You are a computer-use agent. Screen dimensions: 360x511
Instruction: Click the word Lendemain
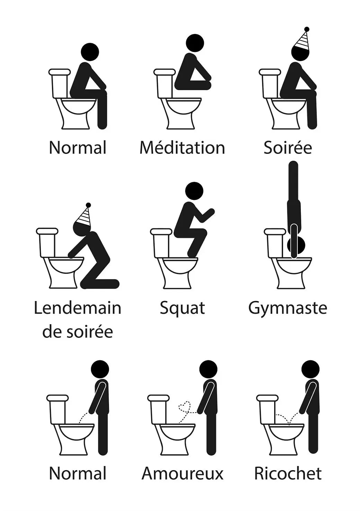(x=78, y=308)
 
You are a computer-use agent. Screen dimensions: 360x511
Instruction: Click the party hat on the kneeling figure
(x=84, y=215)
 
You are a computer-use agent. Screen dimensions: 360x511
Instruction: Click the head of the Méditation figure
(x=195, y=43)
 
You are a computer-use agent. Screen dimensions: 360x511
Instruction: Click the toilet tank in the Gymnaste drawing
(x=275, y=243)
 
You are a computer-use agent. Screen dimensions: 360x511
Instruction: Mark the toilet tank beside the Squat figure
(x=161, y=243)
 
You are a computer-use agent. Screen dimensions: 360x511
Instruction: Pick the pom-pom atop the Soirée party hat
(x=307, y=29)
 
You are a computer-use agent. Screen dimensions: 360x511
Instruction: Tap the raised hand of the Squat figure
(x=211, y=211)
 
